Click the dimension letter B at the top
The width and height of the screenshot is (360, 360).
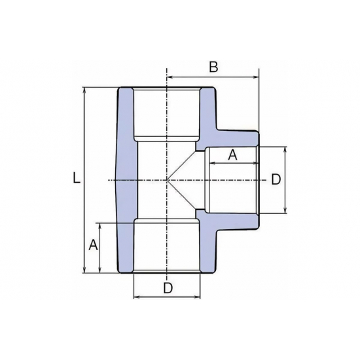213,66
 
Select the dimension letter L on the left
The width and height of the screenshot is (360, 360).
77,177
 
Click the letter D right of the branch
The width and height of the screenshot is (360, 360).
276,179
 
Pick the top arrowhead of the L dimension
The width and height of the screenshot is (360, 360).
86,90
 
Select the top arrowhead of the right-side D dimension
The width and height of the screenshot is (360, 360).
286,149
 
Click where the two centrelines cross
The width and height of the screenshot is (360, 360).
167,179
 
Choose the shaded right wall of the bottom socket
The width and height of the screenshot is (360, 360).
207,249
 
